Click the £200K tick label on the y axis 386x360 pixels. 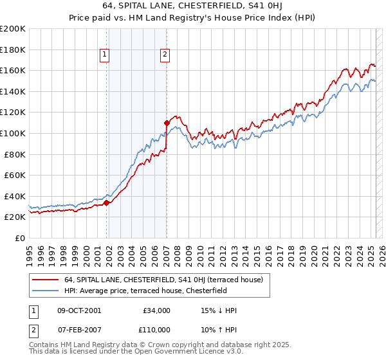pos(13,29)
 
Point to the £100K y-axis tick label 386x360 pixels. pos(13,134)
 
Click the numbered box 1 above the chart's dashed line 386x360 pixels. pos(104,55)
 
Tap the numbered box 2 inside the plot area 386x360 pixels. pos(165,55)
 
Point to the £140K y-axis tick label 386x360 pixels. pos(13,92)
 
